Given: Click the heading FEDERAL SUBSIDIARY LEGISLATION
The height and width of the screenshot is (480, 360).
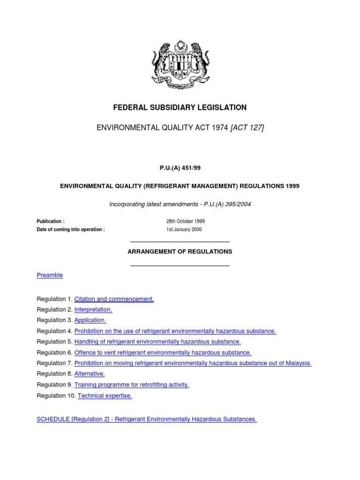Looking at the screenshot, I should tap(180, 108).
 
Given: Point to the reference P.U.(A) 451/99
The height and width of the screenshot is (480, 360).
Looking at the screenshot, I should tap(180, 168).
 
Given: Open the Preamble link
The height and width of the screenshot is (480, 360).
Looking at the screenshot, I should tap(50, 275).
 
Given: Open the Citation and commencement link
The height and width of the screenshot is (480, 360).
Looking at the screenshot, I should tap(114, 299).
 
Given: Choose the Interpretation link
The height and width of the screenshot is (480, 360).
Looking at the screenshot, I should tap(93, 310).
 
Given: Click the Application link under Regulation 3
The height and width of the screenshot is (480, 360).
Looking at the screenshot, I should tap(90, 320).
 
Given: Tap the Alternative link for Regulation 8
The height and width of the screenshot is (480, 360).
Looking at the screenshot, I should tap(90, 374).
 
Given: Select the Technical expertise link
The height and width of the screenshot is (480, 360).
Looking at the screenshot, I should tap(105, 396).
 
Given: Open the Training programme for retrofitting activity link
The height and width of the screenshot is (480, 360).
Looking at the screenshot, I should tap(132, 385).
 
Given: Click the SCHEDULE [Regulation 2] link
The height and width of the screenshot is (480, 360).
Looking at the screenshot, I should tap(146, 420).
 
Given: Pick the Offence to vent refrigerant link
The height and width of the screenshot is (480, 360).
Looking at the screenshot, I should tap(163, 352).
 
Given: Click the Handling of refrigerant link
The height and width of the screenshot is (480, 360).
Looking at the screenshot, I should tap(157, 342).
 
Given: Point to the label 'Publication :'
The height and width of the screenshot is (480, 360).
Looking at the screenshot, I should tap(51, 221).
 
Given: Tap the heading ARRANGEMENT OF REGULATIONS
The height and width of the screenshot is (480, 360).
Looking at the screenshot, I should tap(180, 252).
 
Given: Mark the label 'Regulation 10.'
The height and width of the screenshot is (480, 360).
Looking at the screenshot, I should tap(56, 396).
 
